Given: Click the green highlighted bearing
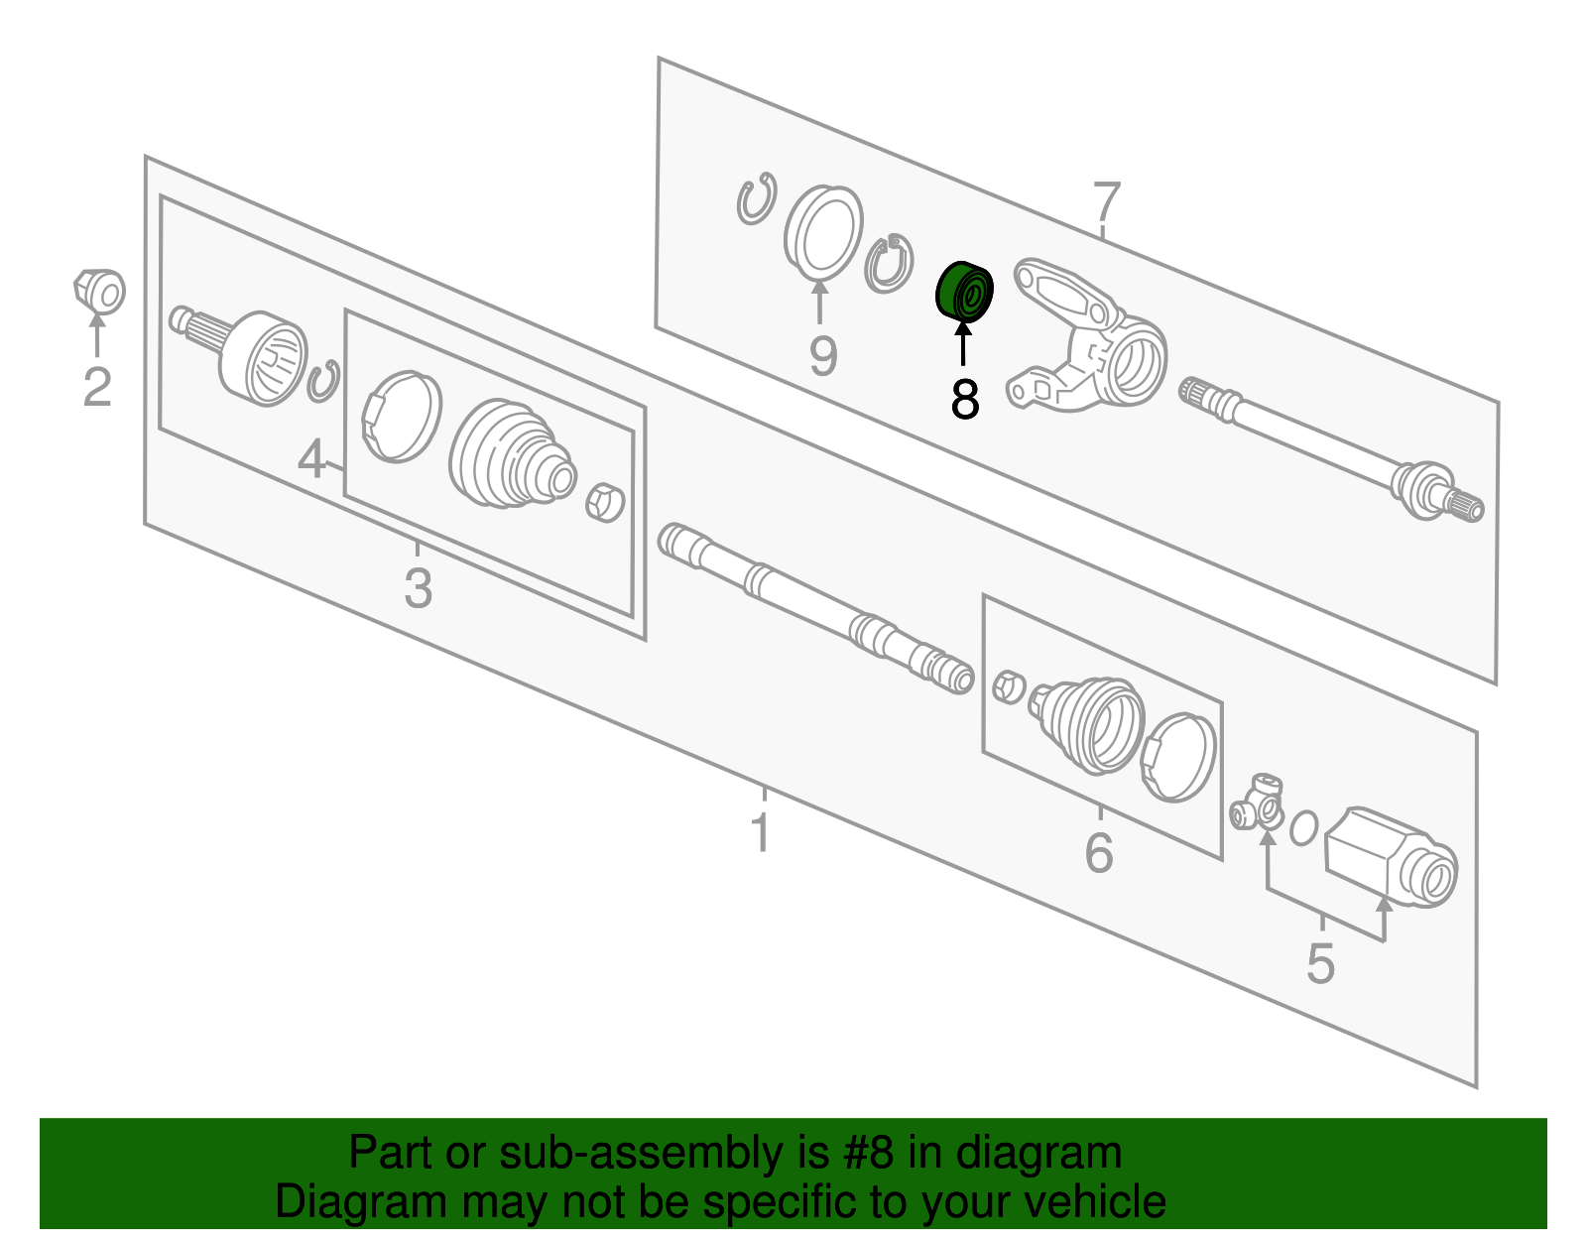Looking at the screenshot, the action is (x=964, y=292).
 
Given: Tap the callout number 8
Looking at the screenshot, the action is (x=965, y=399).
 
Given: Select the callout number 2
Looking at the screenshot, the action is (x=97, y=387).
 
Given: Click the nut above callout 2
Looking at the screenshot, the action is (x=99, y=292).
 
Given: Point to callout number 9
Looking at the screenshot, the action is (x=823, y=356).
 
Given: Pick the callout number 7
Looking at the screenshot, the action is (x=1107, y=201).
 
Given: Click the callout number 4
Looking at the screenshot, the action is (x=311, y=459).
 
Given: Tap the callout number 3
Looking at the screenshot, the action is (x=419, y=587).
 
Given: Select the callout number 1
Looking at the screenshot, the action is (x=761, y=831).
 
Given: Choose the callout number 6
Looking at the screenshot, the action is (x=1099, y=851).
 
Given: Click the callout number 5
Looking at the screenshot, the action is (x=1320, y=964).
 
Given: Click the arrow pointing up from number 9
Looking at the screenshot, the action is (x=820, y=301).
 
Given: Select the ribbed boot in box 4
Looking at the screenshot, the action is (x=512, y=452).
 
